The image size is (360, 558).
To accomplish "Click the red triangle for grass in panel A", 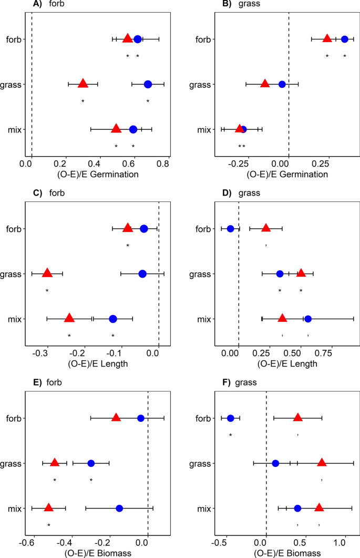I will pyautogui.click(x=83, y=84).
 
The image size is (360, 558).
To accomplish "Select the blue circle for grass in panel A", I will pyautogui.click(x=148, y=84).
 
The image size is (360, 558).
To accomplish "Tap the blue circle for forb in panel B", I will pyautogui.click(x=345, y=39).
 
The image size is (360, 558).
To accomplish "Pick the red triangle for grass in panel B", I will pyautogui.click(x=265, y=84).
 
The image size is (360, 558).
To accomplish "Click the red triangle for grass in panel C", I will pyautogui.click(x=47, y=273).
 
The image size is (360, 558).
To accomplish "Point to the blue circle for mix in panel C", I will pyautogui.click(x=113, y=319).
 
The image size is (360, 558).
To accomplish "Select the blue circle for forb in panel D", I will pyautogui.click(x=230, y=228).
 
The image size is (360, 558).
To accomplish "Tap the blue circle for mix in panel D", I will pyautogui.click(x=308, y=319).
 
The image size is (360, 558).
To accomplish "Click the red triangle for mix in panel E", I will pyautogui.click(x=48, y=508).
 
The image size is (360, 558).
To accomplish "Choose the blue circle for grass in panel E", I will pyautogui.click(x=91, y=463).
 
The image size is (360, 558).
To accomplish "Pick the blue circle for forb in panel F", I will pyautogui.click(x=230, y=418).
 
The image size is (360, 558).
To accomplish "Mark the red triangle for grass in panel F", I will pyautogui.click(x=322, y=463).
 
